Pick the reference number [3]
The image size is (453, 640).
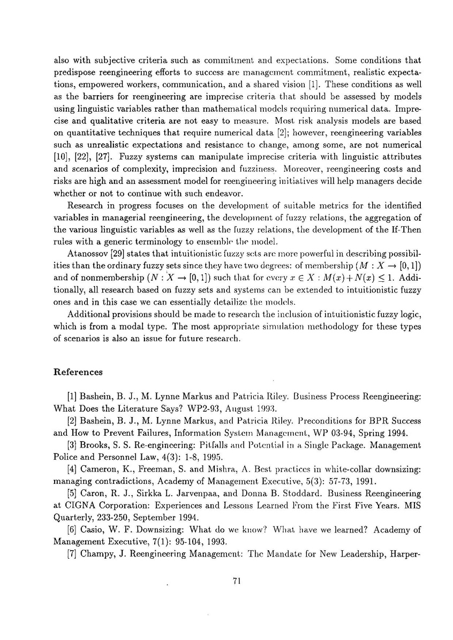[72, 445]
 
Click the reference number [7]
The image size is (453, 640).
[72, 552]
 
